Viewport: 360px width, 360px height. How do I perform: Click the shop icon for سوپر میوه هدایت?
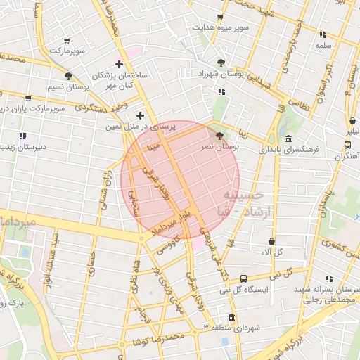pyautogui.click(x=220, y=17)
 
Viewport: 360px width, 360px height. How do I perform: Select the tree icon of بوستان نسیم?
pyautogui.click(x=68, y=76)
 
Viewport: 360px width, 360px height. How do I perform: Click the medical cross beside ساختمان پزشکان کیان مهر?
pyautogui.click(x=127, y=64)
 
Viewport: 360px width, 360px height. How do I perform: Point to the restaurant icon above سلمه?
pyautogui.click(x=323, y=34)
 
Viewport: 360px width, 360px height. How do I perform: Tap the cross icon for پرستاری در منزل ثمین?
pyautogui.click(x=140, y=115)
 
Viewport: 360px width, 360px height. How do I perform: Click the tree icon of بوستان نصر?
pyautogui.click(x=220, y=136)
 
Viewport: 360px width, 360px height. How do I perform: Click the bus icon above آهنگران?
pyautogui.click(x=347, y=144)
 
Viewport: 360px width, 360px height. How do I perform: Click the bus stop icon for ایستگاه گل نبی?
pyautogui.click(x=243, y=278)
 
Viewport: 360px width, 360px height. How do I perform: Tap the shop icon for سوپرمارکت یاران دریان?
pyautogui.click(x=28, y=98)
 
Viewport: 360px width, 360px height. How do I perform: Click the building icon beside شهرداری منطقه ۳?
pyautogui.click(x=231, y=317)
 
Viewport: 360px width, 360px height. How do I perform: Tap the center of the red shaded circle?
pyautogui.click(x=181, y=179)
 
